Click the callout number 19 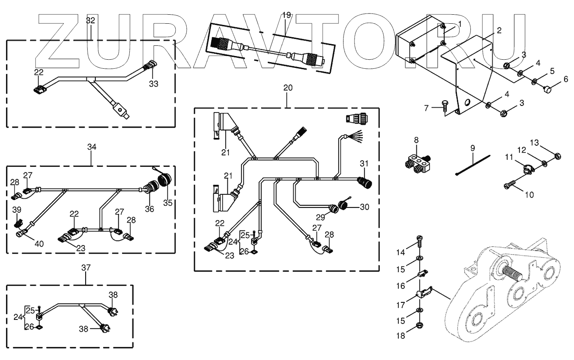(287, 15)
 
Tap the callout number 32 (90, 20)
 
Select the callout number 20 (288, 88)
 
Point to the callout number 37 (86, 268)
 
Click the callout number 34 (92, 147)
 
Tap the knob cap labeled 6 (548, 90)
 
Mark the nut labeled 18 (420, 325)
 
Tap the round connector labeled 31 (364, 182)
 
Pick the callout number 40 (39, 244)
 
